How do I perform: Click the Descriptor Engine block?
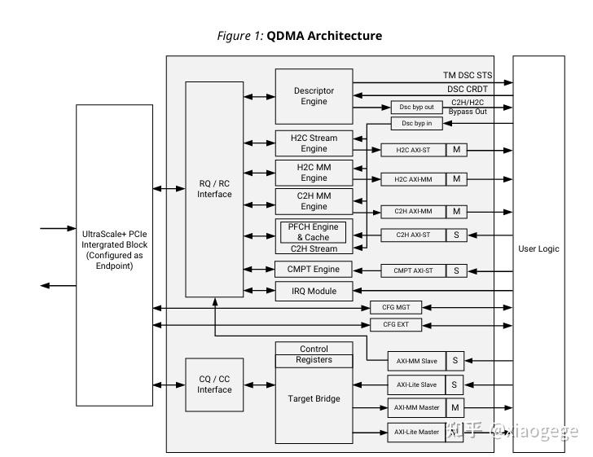click(x=314, y=96)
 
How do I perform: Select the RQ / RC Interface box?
click(x=214, y=189)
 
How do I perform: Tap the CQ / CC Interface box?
click(x=214, y=384)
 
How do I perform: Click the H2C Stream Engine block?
click(x=314, y=143)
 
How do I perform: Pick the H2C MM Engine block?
click(x=314, y=173)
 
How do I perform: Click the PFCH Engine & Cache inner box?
click(x=314, y=231)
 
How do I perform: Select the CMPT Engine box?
click(x=314, y=270)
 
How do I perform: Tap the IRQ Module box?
click(x=314, y=291)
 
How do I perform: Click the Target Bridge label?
click(x=314, y=399)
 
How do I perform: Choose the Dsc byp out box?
click(x=417, y=108)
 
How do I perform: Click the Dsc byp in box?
click(x=417, y=124)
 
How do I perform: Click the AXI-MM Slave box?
click(x=416, y=360)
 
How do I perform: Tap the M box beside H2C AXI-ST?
click(x=457, y=150)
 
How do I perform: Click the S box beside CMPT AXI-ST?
click(x=457, y=270)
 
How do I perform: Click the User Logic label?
click(x=538, y=248)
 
